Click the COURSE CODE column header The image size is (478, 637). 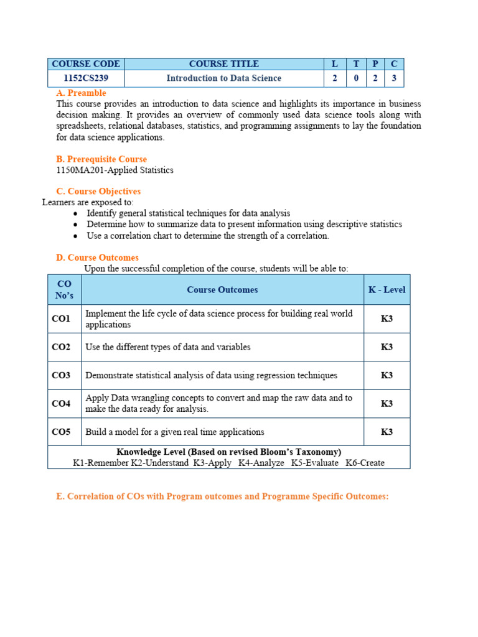pyautogui.click(x=86, y=64)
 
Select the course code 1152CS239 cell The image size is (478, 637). pyautogui.click(x=86, y=78)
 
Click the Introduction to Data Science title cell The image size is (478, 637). pyautogui.click(x=223, y=78)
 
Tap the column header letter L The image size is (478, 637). pyautogui.click(x=335, y=64)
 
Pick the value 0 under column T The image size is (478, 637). pyautogui.click(x=356, y=78)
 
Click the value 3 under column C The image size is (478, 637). pyautogui.click(x=394, y=78)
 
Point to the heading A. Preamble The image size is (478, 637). pyautogui.click(x=81, y=93)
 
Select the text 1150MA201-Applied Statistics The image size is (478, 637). pyautogui.click(x=115, y=170)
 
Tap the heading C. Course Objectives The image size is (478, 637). pyautogui.click(x=98, y=192)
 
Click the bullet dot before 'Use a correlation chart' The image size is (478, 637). pyautogui.click(x=75, y=236)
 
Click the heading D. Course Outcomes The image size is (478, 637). pyautogui.click(x=97, y=258)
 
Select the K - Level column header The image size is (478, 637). pyautogui.click(x=387, y=290)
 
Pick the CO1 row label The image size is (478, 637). pyautogui.click(x=61, y=319)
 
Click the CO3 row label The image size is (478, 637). pyautogui.click(x=61, y=376)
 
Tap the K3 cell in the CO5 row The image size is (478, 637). pyautogui.click(x=387, y=432)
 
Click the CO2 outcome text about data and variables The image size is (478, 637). pyautogui.click(x=168, y=347)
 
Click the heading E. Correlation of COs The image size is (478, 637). pyautogui.click(x=222, y=496)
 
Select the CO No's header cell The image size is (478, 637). pyautogui.click(x=64, y=290)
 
